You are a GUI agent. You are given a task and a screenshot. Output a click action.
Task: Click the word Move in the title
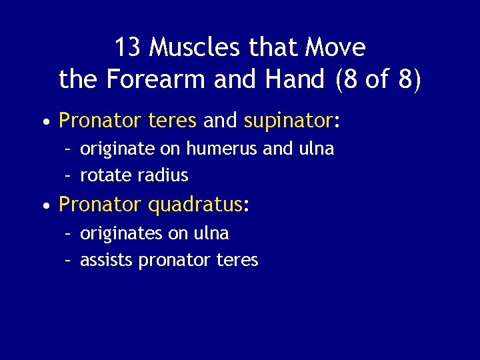(x=335, y=48)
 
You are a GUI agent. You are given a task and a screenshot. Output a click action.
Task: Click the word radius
(x=164, y=176)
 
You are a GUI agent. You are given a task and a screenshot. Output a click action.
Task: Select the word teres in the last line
(x=237, y=261)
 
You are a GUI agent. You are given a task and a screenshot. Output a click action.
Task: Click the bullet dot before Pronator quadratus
(x=45, y=206)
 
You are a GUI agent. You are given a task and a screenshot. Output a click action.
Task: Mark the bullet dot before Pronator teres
(x=45, y=122)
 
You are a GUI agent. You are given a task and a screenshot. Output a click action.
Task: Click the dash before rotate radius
(x=68, y=176)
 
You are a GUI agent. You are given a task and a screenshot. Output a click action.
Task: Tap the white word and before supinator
(x=220, y=121)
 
